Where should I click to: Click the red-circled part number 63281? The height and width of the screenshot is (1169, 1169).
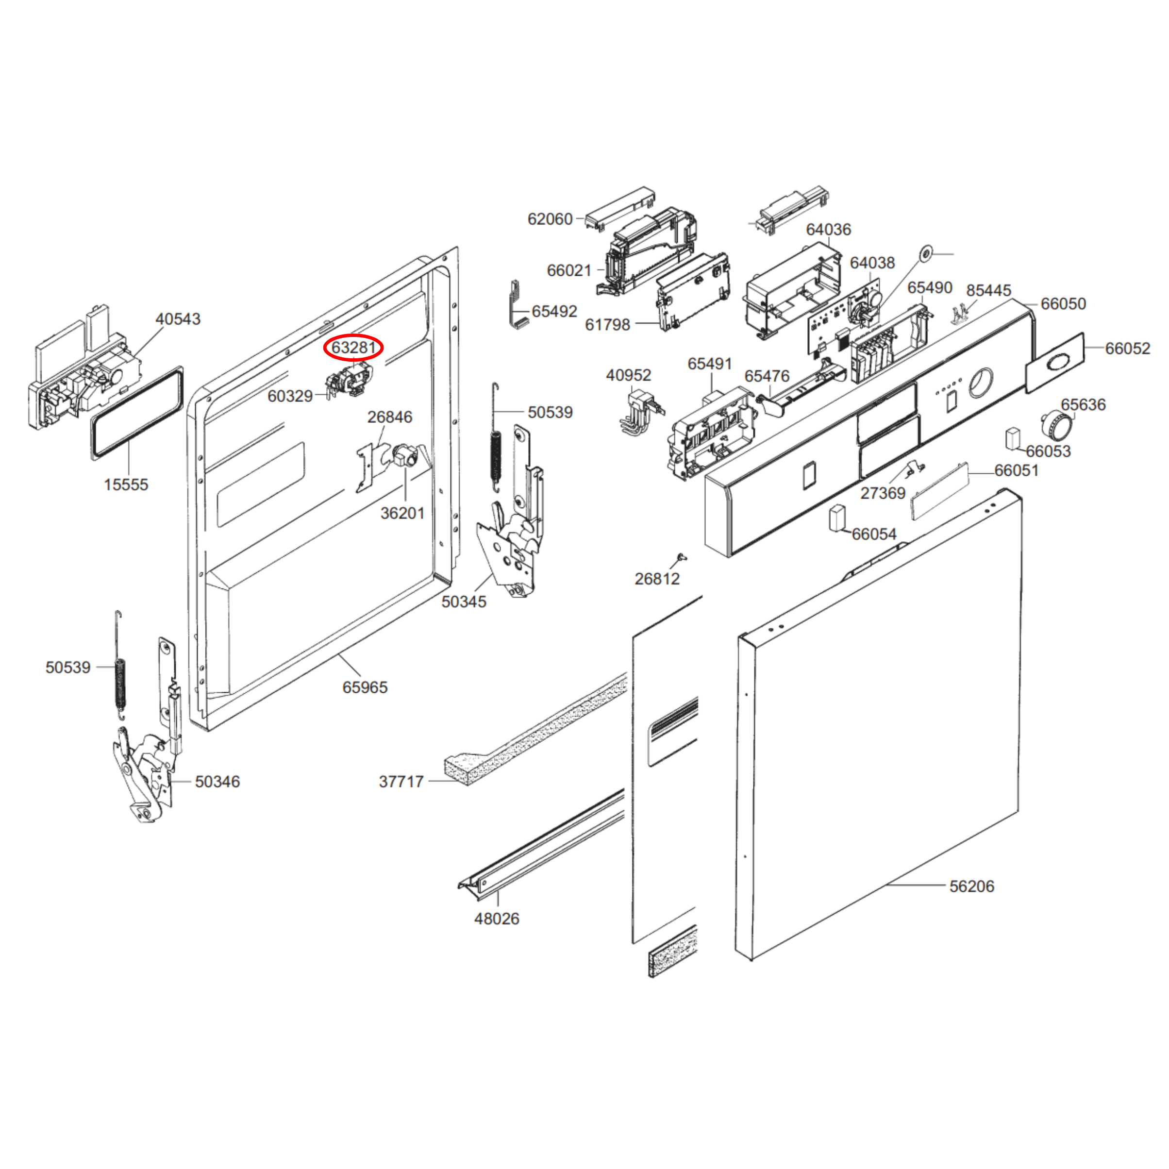tap(353, 347)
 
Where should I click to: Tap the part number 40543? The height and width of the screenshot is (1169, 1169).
tap(178, 319)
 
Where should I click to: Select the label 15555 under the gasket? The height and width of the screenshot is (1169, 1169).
tap(126, 484)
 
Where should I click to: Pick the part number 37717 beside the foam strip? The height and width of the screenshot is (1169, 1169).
tap(401, 782)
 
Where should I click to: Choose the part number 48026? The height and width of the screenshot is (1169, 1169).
tap(497, 918)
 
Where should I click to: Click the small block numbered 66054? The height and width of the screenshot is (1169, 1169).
tap(837, 518)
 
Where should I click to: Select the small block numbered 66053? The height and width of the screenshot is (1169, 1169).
tap(1013, 439)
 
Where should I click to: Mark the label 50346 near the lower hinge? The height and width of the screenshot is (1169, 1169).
tap(217, 782)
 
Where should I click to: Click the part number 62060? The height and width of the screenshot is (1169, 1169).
tap(550, 219)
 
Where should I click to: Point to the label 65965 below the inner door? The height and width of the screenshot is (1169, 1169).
tap(365, 687)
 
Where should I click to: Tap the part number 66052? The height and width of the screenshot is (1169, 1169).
tap(1128, 349)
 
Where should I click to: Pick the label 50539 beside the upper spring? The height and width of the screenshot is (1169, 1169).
tap(550, 412)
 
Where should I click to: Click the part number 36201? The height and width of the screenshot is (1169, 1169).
tap(402, 513)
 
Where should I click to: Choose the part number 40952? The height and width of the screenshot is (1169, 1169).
tap(629, 375)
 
